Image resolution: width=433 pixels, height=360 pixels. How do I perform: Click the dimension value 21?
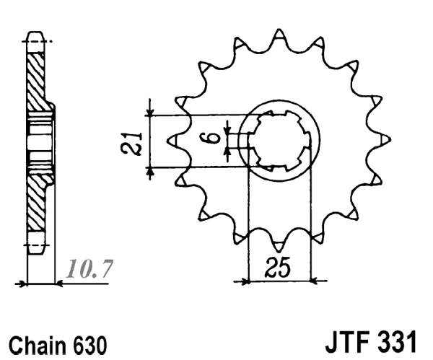(x=131, y=141)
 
